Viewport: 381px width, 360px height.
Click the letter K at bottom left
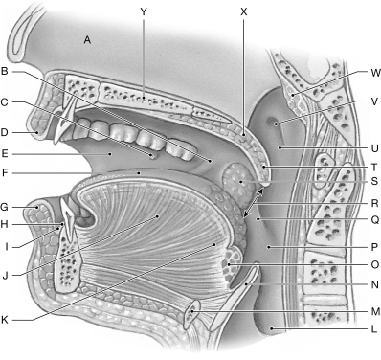pos(5,317)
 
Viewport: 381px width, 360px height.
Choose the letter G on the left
pos(5,205)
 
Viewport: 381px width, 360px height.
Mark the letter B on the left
pos(5,72)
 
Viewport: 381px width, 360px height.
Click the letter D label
pos(5,132)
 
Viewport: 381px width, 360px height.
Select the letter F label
pos(5,174)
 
